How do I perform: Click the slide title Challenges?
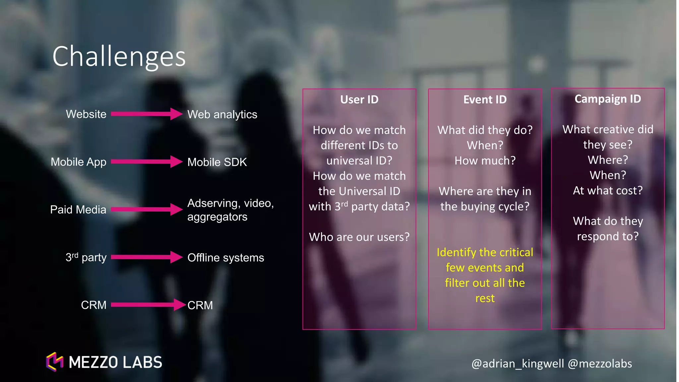pyautogui.click(x=119, y=56)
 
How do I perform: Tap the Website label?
pyautogui.click(x=86, y=114)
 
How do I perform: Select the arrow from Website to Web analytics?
pyautogui.click(x=146, y=114)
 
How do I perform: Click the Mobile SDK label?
pyautogui.click(x=217, y=162)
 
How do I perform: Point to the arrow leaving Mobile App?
pyautogui.click(x=146, y=161)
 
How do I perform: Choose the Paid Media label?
pyautogui.click(x=78, y=210)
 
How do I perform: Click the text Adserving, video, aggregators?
pyautogui.click(x=230, y=210)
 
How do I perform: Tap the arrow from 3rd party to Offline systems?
pyautogui.click(x=146, y=257)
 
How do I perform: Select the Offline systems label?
pyautogui.click(x=225, y=258)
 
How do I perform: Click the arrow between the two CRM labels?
pyautogui.click(x=148, y=305)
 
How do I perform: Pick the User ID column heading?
pyautogui.click(x=359, y=99)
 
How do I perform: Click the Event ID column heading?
pyautogui.click(x=485, y=99)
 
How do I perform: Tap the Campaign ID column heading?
pyautogui.click(x=607, y=99)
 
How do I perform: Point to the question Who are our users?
pyautogui.click(x=359, y=237)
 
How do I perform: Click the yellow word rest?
pyautogui.click(x=485, y=298)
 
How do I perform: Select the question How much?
pyautogui.click(x=485, y=160)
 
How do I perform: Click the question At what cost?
pyautogui.click(x=607, y=190)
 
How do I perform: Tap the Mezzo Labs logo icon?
pyautogui.click(x=55, y=362)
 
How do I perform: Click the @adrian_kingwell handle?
pyautogui.click(x=518, y=363)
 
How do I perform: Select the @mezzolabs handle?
pyautogui.click(x=600, y=363)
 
